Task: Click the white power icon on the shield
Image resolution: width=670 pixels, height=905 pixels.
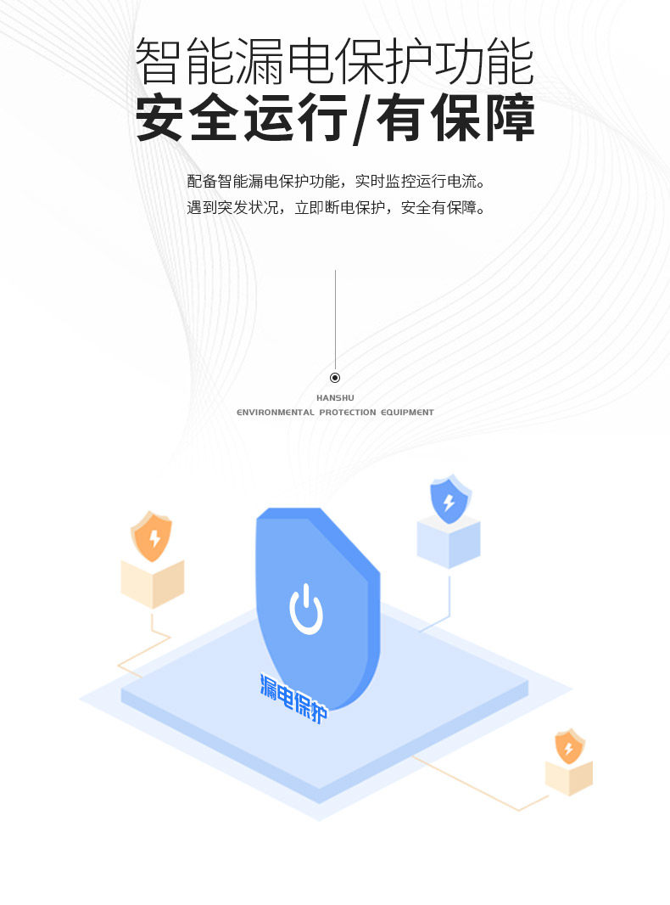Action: click(x=306, y=610)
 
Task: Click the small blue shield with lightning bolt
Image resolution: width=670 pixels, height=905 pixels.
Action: click(x=449, y=501)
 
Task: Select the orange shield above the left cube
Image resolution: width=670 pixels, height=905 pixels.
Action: click(x=152, y=537)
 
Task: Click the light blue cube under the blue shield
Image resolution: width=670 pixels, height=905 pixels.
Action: click(x=449, y=542)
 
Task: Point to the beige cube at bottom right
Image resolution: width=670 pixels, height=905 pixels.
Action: click(x=568, y=777)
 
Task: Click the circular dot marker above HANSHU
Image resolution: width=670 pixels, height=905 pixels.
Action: click(x=335, y=378)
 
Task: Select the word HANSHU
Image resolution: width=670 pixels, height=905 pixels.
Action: click(x=335, y=397)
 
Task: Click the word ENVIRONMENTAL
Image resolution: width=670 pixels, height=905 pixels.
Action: click(x=275, y=413)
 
